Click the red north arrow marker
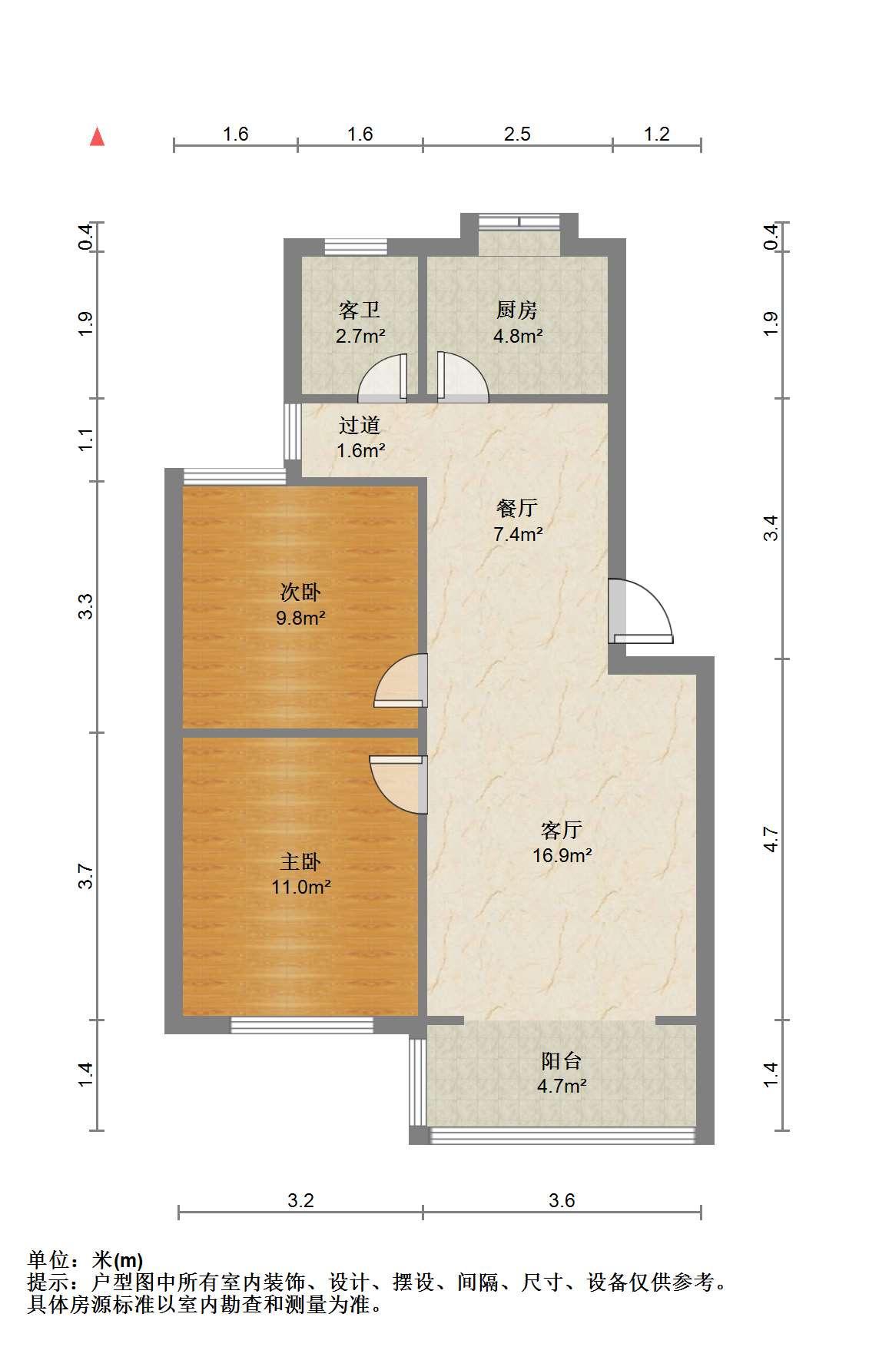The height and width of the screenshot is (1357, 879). coord(97,137)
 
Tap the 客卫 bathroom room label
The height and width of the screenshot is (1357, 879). coord(360,310)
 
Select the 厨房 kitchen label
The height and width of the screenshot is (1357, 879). coord(517,310)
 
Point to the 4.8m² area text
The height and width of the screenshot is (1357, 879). coord(518,336)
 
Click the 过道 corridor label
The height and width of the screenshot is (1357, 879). coord(360,425)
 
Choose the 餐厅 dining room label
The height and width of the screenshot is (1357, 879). coord(517,508)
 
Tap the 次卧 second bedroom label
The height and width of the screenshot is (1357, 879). coord(300,592)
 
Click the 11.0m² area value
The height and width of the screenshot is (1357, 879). coord(301,888)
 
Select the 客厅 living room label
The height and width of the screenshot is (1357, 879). coord(562,830)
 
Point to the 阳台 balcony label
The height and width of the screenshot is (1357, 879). coord(562,1061)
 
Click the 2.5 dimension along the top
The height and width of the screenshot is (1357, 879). coord(517,134)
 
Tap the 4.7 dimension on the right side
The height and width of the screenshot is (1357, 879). coord(771,840)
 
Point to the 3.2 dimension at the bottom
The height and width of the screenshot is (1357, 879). coord(300,1200)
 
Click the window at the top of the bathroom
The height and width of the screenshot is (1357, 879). coord(356,247)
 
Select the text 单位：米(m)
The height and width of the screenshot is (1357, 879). coord(85,1261)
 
